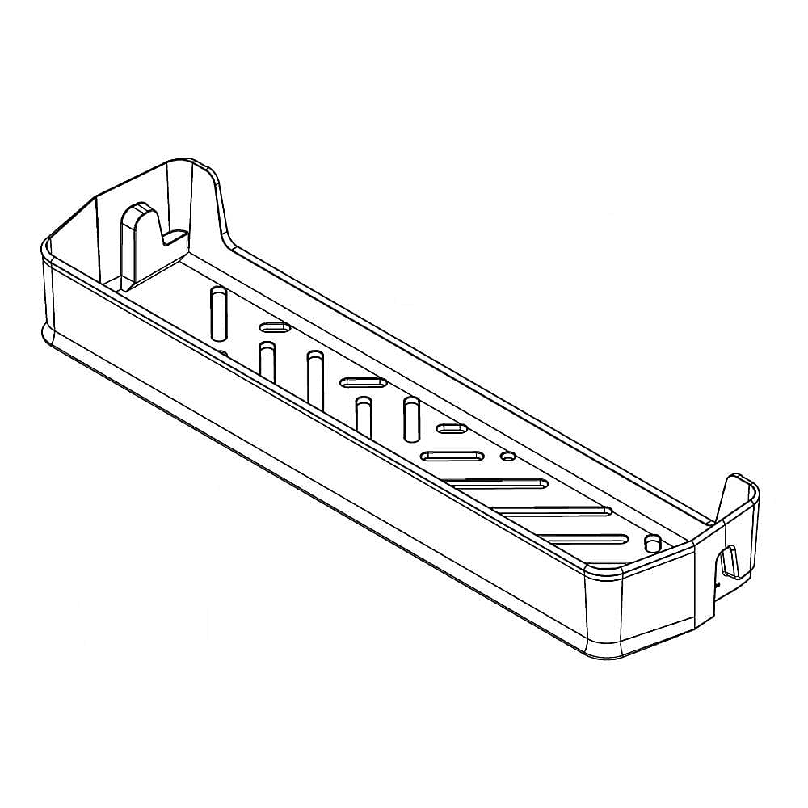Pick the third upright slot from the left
coord(315,376)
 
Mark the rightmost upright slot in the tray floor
coord(411,421)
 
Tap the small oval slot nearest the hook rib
coord(275,327)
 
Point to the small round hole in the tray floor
coord(508,457)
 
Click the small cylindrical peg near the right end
coord(652,542)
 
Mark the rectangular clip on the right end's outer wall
coord(730,562)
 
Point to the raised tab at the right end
coord(740,493)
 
